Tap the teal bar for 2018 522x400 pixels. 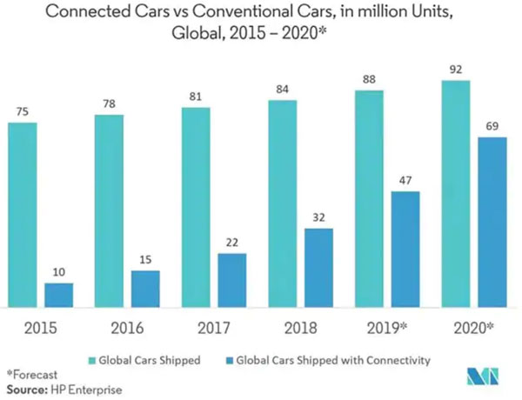pos(283,203)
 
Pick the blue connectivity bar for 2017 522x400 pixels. pos(232,280)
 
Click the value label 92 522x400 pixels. pos(456,68)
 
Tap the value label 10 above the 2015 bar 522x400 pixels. pos(59,271)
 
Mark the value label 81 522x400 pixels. pos(195,96)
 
